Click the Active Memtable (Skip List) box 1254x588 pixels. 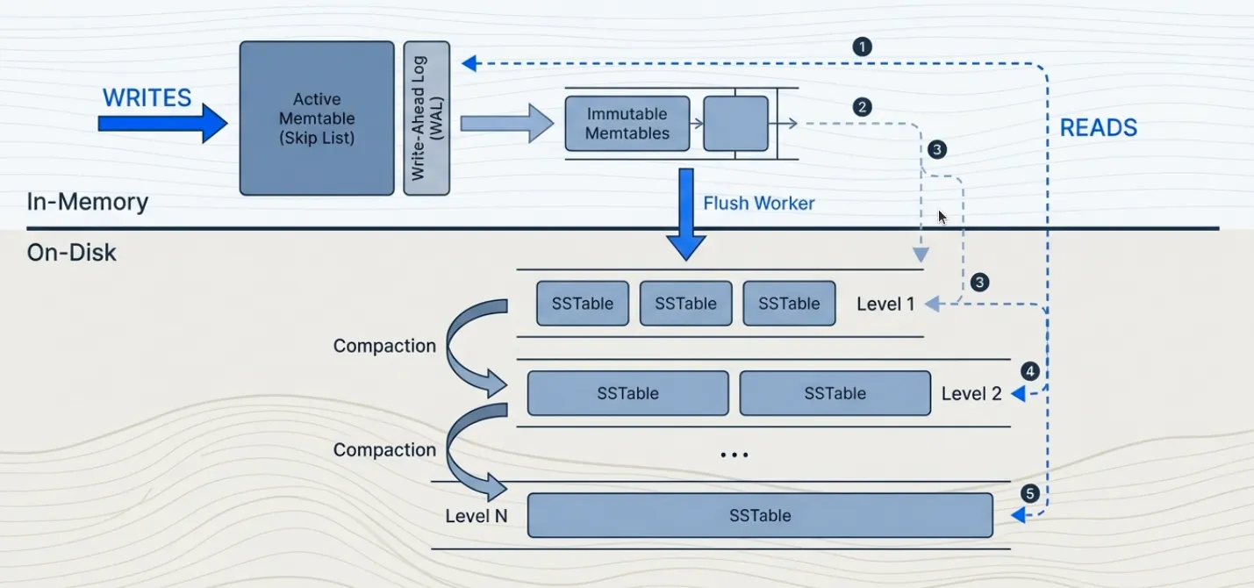(317, 118)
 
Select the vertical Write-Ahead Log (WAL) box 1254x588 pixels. (426, 118)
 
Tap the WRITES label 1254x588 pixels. (147, 97)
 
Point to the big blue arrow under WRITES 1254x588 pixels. (162, 124)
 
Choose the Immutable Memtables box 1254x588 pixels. (627, 124)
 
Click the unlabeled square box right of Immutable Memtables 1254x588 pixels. (735, 124)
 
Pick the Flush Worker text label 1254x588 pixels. (758, 204)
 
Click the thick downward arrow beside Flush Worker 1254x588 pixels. (686, 215)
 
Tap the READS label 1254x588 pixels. (1098, 128)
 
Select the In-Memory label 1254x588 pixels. (87, 202)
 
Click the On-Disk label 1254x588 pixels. (72, 254)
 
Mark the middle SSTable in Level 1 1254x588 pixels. (685, 304)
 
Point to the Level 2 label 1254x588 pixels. (971, 394)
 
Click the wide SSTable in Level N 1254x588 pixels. (760, 515)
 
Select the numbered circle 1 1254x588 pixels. (862, 47)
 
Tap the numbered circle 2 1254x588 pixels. (862, 107)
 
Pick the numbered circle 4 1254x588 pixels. (1030, 371)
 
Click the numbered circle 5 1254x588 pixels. (1030, 493)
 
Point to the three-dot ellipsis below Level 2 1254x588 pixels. (734, 455)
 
